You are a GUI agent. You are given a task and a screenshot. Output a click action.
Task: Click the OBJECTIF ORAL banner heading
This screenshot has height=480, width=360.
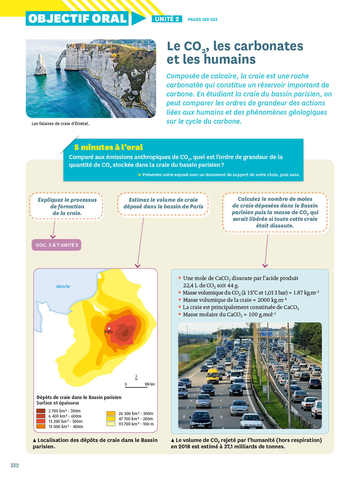[77, 19]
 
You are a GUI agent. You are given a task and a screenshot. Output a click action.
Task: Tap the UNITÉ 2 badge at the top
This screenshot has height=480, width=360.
[167, 19]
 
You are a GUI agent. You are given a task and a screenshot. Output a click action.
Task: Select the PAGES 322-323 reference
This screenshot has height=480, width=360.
[202, 20]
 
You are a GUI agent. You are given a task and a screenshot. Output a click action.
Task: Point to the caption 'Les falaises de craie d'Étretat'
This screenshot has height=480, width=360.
[60, 124]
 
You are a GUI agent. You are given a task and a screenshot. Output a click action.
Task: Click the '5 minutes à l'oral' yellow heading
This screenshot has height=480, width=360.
[108, 147]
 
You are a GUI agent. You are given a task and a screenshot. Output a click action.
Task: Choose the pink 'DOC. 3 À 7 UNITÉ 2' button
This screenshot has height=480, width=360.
[57, 245]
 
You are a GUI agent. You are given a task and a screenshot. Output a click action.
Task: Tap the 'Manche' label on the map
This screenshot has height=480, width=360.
[63, 286]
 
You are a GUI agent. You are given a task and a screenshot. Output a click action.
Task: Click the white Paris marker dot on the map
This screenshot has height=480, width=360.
[109, 328]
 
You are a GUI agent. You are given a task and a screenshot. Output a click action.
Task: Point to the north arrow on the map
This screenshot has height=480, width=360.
[136, 377]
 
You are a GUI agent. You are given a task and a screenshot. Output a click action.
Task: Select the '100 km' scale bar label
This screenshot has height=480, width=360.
[149, 384]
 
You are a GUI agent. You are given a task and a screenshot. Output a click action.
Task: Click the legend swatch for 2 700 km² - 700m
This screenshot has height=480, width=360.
[41, 411]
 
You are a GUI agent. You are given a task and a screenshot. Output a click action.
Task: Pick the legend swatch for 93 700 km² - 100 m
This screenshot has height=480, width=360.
[111, 424]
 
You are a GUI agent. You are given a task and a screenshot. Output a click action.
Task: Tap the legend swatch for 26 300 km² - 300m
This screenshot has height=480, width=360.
[111, 413]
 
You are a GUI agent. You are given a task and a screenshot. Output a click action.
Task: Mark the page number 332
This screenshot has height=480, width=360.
[14, 465]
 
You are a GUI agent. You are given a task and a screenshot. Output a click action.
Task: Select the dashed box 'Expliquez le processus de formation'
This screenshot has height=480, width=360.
[67, 206]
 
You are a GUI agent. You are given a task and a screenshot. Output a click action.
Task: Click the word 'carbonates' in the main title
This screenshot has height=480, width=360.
[258, 46]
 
